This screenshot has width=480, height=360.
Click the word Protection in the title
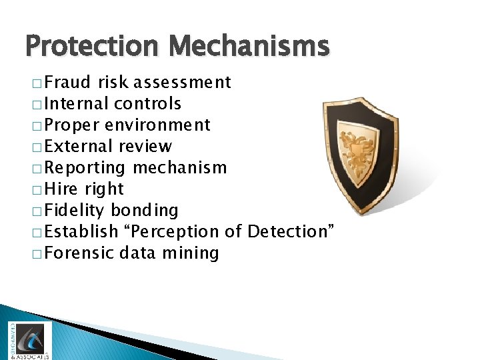pos(93,47)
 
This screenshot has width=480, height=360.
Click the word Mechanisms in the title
pos(249,47)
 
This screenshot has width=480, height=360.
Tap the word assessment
pos(181,83)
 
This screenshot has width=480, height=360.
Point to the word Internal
pos(77,104)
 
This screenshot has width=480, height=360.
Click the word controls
pos(147,104)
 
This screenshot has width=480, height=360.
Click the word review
pos(145,147)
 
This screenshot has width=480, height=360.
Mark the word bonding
pos(144,211)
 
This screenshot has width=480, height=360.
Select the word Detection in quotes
pos(291,232)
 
